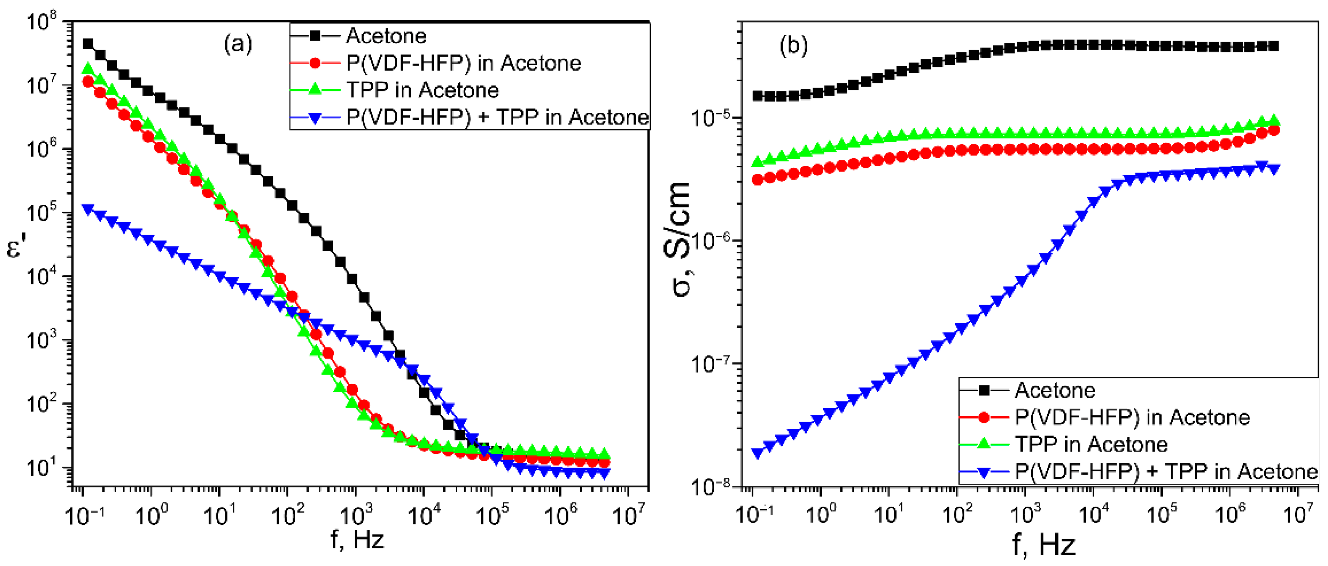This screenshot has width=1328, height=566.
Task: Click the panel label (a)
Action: tap(238, 44)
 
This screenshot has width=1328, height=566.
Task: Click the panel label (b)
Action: tap(793, 45)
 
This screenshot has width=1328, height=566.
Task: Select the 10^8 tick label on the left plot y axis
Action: tap(42, 23)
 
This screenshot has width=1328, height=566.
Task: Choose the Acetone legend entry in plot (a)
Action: tap(385, 36)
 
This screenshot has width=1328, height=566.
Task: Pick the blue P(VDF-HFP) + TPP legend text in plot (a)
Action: tap(497, 117)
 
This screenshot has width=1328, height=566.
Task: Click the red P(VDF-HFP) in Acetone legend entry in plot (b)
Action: tap(1132, 417)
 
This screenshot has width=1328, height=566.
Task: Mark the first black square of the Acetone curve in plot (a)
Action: tap(88, 44)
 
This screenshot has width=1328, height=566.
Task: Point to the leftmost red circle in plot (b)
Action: tap(757, 180)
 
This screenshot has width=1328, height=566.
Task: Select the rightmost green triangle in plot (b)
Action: tap(1273, 122)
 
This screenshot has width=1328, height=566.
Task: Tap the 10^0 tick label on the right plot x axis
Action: tap(820, 514)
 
